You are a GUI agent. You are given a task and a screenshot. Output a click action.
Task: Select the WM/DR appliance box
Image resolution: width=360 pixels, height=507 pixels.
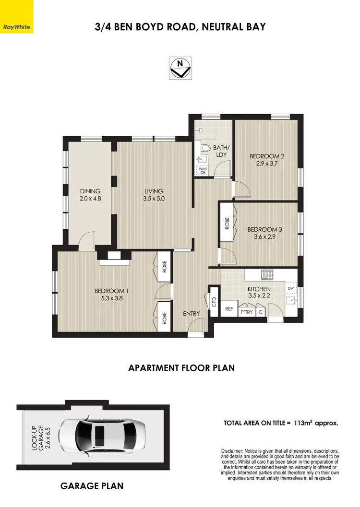tap(202, 169)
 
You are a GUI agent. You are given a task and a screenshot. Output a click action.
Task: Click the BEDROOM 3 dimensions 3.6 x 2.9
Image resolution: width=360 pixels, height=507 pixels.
tap(264, 237)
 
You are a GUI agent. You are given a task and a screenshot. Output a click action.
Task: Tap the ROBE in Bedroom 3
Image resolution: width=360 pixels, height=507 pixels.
tap(227, 223)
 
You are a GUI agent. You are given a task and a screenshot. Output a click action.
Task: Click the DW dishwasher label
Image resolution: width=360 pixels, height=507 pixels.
tap(290, 288)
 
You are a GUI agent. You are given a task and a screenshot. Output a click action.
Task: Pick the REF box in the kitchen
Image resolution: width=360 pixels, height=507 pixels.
tap(229, 309)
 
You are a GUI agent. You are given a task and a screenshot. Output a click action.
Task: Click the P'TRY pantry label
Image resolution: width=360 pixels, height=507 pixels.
tap(246, 312)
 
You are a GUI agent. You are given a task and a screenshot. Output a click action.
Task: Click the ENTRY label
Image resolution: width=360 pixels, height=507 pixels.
tap(191, 314)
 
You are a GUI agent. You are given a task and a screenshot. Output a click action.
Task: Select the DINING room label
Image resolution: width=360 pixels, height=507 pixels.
tap(90, 191)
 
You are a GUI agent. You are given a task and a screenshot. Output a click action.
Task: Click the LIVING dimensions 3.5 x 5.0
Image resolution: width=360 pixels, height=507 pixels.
tap(154, 198)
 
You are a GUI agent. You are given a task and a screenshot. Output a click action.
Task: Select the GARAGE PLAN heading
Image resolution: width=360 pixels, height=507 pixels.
tap(92, 486)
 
